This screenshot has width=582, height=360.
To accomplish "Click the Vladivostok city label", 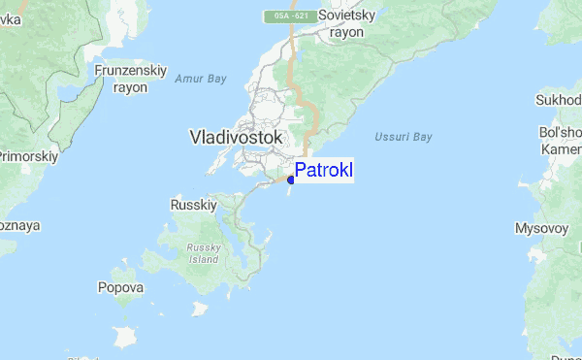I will point(237,138).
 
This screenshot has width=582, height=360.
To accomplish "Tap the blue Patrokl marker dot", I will point(291,180).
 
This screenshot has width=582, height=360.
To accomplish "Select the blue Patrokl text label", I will point(324,171).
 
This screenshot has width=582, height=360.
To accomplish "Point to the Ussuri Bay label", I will point(403,137).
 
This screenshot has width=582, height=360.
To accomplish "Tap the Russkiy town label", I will point(191,205).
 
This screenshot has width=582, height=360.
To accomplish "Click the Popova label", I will point(120,287).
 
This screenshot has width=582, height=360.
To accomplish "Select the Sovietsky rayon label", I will point(346,24).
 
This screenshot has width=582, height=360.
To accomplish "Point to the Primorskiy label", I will point(29,155).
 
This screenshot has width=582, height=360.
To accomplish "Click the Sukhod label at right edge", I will point(560,100).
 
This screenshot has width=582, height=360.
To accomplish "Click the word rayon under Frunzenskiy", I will point(130,86).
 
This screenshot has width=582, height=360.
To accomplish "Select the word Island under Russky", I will point(205,260).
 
